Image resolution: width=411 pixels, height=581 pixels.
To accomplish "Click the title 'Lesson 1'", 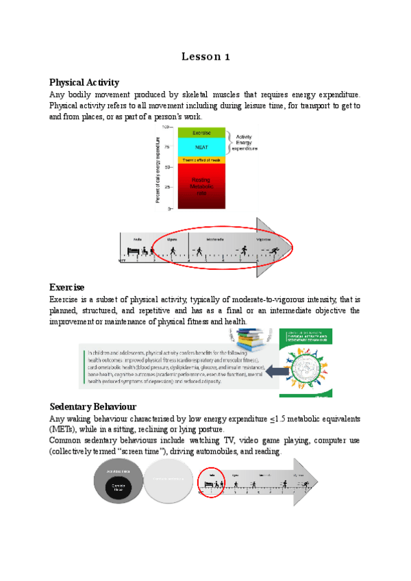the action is click(206, 57).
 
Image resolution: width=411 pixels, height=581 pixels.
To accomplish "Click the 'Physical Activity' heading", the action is click(84, 82).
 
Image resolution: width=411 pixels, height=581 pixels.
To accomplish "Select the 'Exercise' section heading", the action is click(66, 286).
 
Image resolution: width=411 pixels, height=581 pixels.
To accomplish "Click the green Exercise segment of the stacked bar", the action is click(201, 132).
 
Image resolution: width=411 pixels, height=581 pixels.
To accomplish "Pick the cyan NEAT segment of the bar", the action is click(201, 147).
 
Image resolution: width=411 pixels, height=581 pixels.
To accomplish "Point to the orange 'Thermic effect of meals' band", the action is click(201, 160).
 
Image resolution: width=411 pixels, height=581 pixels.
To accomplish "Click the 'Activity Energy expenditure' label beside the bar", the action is click(242, 141).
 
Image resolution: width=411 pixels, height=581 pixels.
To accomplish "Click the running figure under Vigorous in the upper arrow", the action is click(273, 251).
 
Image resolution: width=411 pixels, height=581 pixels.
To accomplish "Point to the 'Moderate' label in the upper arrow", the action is click(205, 240).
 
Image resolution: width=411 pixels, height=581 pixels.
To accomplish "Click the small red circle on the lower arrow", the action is click(212, 482).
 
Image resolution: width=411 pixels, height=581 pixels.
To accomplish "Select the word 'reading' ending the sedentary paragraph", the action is click(266, 452).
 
